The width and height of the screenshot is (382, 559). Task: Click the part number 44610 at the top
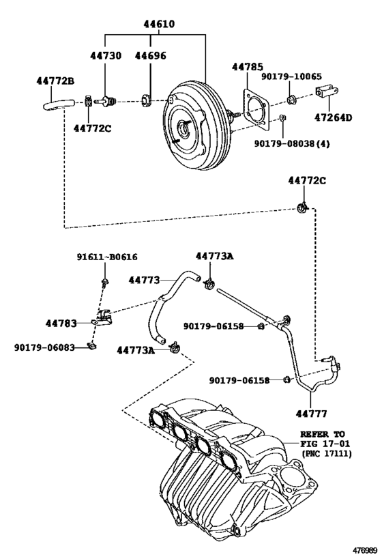(158, 24)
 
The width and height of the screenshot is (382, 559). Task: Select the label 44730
(106, 55)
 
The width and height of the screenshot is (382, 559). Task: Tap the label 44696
(150, 55)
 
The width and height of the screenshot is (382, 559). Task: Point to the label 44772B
(55, 81)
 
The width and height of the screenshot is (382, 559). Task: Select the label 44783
(61, 321)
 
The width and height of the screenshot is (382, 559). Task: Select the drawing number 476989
(364, 550)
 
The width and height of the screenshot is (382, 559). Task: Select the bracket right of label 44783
(104, 317)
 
